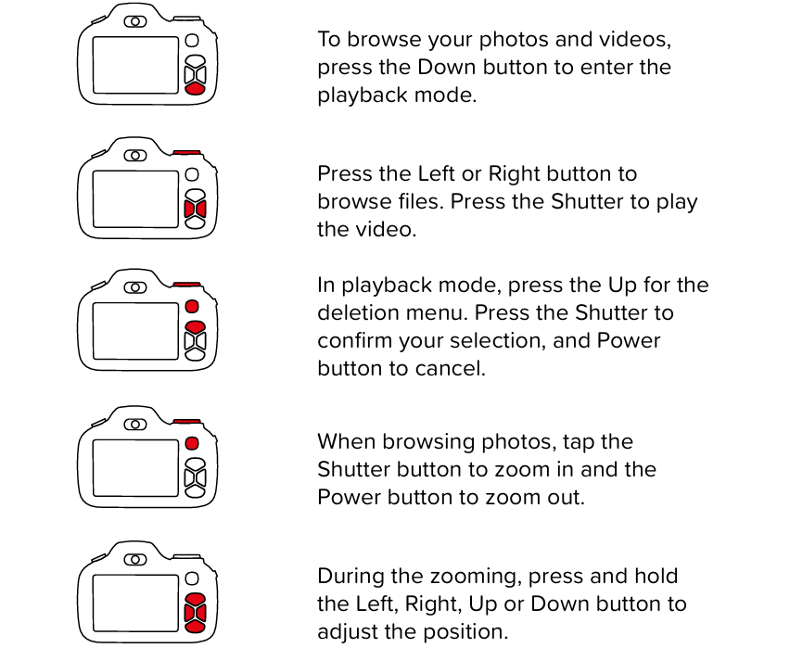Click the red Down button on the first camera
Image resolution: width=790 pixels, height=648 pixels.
click(194, 88)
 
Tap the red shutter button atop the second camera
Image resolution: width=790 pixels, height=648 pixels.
click(187, 151)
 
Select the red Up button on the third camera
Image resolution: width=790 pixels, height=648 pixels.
click(194, 327)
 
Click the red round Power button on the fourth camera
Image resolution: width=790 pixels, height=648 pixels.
click(192, 443)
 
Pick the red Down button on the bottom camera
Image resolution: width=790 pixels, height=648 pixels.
click(194, 627)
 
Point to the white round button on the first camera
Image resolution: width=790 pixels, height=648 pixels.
click(192, 41)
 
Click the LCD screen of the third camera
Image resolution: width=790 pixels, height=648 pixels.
click(135, 331)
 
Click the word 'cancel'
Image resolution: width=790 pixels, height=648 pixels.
click(456, 368)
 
